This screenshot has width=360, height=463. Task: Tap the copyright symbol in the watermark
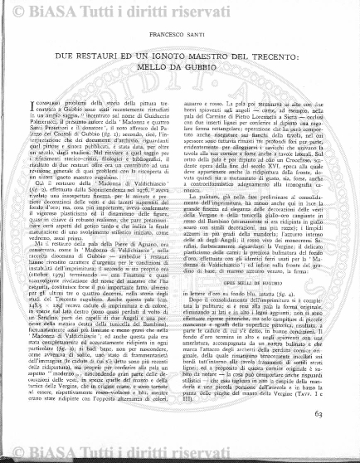(108, 8)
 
